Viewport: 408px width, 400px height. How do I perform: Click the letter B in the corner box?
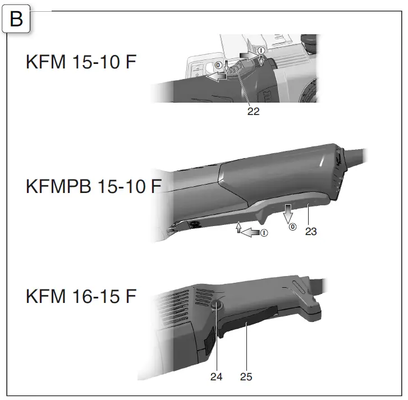point(16,19)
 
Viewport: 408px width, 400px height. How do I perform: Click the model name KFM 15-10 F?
point(81,62)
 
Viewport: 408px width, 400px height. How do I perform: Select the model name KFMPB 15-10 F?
point(94,186)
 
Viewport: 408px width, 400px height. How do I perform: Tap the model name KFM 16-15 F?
point(81,296)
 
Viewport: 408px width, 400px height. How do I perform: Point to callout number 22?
point(253,111)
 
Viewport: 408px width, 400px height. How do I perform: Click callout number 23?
point(311,232)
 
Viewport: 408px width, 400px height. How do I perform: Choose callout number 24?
point(216,376)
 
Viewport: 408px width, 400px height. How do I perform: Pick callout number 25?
point(246,376)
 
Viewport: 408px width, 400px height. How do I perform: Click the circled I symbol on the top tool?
point(261,50)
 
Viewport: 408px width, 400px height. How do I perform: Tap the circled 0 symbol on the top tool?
point(218,65)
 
